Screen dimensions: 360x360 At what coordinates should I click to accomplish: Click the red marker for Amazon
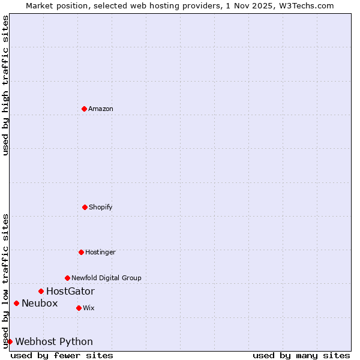(84, 109)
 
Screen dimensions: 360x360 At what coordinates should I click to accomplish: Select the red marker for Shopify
(85, 207)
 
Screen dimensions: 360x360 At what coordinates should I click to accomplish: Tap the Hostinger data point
(81, 252)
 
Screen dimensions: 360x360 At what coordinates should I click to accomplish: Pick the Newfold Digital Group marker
(67, 278)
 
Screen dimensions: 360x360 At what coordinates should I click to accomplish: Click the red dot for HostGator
(41, 291)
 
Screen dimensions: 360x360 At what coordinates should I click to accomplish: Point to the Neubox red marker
(16, 303)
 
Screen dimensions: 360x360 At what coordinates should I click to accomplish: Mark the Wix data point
(79, 308)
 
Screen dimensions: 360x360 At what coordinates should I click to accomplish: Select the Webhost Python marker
(10, 341)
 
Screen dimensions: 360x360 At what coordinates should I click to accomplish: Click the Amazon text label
(101, 109)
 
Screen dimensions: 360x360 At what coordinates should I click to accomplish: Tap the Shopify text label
(101, 207)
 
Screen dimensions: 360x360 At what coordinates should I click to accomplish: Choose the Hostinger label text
(100, 252)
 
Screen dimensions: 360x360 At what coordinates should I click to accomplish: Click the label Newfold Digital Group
(106, 278)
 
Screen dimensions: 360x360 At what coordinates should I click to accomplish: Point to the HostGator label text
(70, 291)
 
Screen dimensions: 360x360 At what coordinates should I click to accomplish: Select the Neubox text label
(40, 303)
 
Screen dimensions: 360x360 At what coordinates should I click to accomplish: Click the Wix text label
(89, 308)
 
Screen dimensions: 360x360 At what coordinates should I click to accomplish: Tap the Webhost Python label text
(54, 341)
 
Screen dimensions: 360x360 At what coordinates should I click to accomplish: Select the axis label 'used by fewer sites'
(62, 355)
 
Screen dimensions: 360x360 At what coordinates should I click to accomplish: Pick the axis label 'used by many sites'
(301, 355)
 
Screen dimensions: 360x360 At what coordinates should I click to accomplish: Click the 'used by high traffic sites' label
(5, 85)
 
